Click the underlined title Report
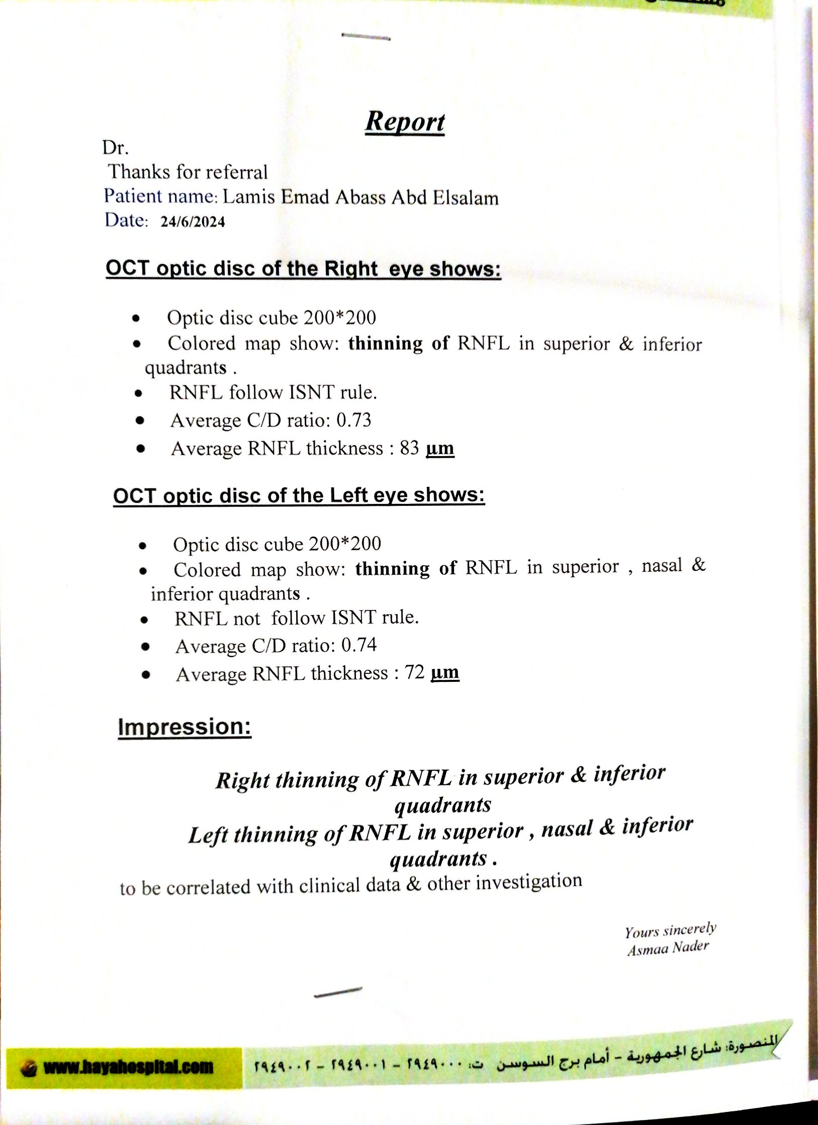(405, 122)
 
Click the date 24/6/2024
(193, 222)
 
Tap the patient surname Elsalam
(465, 198)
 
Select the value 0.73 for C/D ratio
(353, 420)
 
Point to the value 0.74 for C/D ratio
(358, 645)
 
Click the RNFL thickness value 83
(409, 448)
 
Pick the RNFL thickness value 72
(415, 672)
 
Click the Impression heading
(185, 727)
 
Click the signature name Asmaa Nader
(668, 948)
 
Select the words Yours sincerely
(670, 930)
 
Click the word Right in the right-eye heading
(350, 269)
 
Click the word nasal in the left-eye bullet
(662, 566)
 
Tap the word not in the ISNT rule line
(246, 619)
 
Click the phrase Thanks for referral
(188, 172)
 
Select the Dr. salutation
(116, 148)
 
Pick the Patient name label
(160, 196)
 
